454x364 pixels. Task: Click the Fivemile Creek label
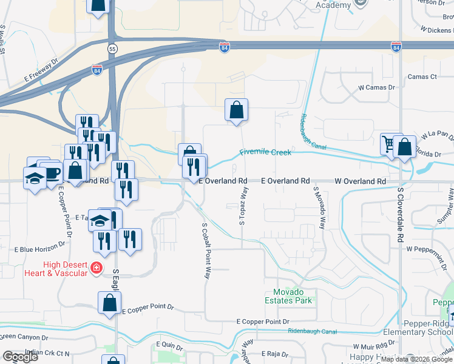tap(265, 152)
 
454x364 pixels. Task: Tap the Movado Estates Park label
tap(288, 297)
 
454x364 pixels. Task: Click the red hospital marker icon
tap(95, 268)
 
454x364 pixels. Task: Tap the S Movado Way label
tap(317, 207)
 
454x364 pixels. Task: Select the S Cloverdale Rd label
tap(401, 214)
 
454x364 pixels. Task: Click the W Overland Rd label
tap(360, 181)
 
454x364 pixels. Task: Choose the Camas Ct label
tap(422, 77)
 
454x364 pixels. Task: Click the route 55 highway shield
tap(112, 48)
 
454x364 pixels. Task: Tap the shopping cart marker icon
tap(388, 144)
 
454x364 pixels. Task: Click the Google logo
tap(21, 357)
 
